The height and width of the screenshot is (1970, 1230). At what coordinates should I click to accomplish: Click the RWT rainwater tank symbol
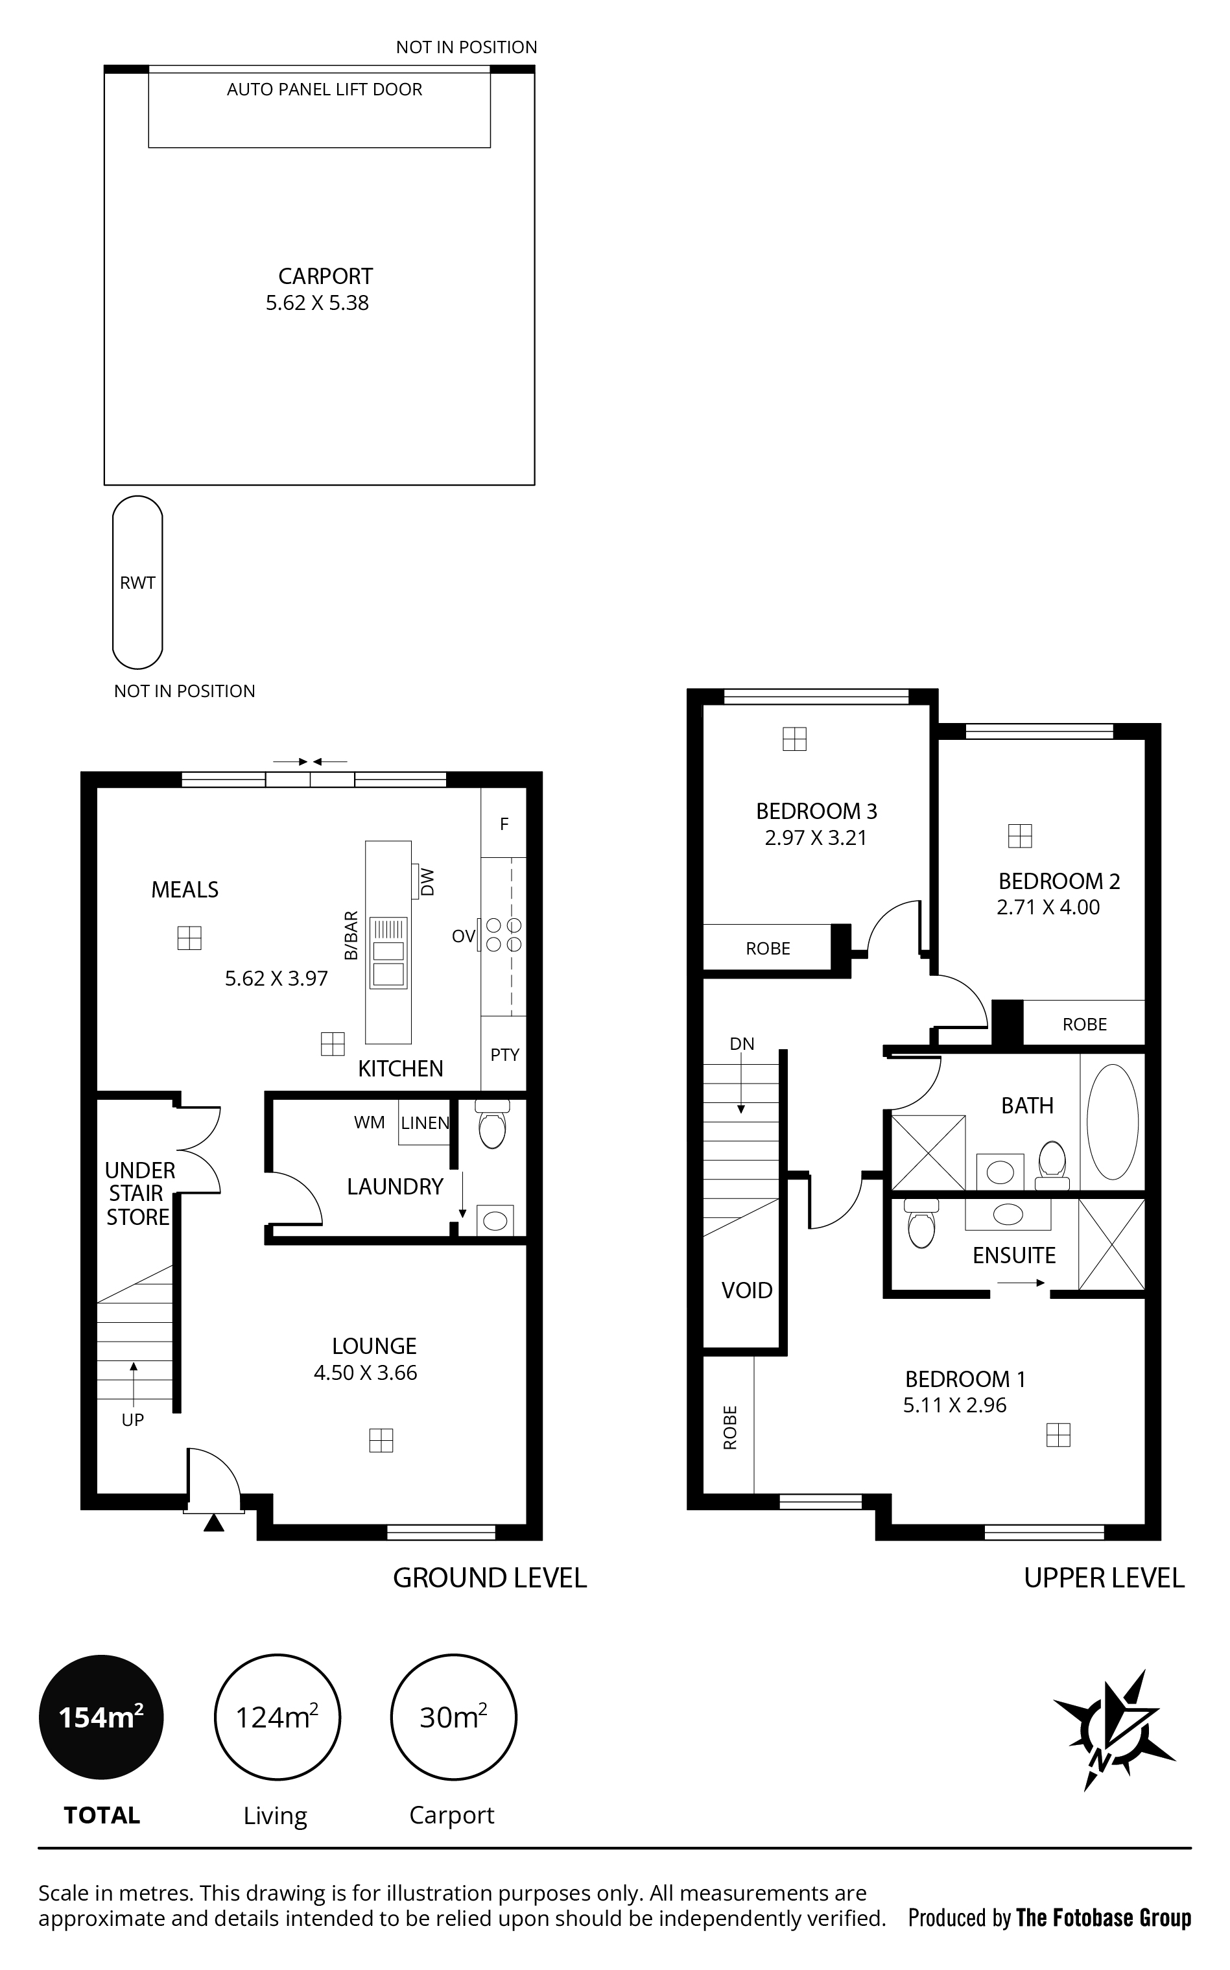pos(137,582)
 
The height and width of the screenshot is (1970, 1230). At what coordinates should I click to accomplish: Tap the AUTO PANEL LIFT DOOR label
pos(325,89)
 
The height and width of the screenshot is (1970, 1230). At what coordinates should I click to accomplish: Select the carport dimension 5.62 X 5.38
pos(317,303)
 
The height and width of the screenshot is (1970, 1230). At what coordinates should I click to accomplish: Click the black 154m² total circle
pos(101,1717)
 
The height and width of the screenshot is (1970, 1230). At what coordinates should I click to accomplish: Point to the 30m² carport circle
pos(454,1717)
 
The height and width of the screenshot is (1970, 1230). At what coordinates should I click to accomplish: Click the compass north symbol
pos(1114,1730)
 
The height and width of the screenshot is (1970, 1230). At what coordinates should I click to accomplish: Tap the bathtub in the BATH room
pos(1113,1122)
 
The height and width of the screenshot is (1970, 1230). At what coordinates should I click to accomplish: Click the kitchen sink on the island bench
pos(388,953)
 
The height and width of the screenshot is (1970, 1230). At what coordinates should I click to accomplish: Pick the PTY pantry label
pos(504,1055)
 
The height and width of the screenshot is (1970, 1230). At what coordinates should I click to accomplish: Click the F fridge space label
pos(504,824)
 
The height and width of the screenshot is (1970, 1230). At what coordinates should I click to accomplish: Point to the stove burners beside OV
pos(504,934)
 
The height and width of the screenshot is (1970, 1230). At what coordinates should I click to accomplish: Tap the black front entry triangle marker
pos(213,1523)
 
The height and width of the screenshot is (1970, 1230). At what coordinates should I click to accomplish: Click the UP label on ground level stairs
pos(133,1420)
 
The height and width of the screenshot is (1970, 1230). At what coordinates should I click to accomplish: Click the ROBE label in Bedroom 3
pos(768,949)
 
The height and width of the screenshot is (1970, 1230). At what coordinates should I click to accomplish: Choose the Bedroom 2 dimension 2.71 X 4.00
pos(1048,908)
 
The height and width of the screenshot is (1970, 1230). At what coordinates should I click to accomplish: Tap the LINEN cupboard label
pos(425,1123)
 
